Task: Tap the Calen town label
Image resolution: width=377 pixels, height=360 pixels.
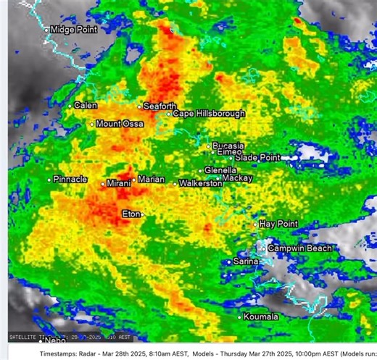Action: [86, 106]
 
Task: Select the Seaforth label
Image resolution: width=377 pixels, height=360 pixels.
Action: [159, 106]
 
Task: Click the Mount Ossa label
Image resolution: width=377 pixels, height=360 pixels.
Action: [120, 124]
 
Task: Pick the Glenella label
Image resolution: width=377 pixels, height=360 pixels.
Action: [220, 170]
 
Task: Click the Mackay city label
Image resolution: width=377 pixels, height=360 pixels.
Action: [237, 177]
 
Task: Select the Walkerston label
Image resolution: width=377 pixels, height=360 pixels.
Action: [200, 184]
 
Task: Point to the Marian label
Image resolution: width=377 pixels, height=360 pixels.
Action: [151, 179]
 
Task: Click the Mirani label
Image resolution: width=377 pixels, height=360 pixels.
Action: [118, 184]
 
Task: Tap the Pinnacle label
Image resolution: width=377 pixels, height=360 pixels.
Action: [70, 179]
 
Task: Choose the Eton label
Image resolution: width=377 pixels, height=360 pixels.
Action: [130, 214]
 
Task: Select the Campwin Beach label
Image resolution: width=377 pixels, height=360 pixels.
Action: [299, 248]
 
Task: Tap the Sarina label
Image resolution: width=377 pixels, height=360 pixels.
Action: [246, 261]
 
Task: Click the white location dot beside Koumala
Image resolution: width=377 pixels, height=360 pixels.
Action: [240, 317]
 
